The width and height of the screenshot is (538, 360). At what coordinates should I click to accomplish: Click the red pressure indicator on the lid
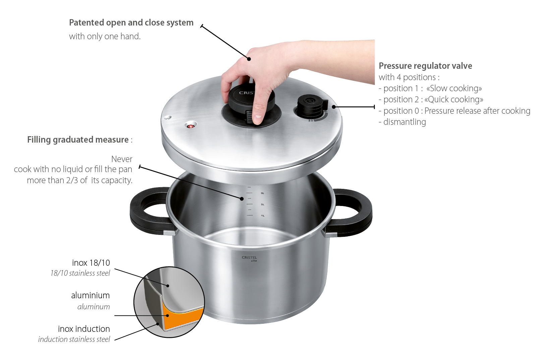click(x=191, y=126)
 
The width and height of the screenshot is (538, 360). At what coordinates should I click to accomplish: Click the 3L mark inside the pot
click(x=262, y=193)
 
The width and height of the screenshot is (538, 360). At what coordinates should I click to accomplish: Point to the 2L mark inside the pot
click(x=262, y=205)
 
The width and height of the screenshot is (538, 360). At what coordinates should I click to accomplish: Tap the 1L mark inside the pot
click(x=263, y=216)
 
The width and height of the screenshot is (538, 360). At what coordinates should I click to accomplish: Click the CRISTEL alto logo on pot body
click(x=249, y=259)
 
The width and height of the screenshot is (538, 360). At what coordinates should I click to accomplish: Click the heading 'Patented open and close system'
click(x=131, y=22)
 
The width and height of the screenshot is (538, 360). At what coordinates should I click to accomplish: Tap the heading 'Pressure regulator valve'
click(x=425, y=66)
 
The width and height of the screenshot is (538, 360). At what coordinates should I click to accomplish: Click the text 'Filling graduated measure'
click(x=78, y=140)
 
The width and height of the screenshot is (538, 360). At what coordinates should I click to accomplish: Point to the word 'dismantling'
click(x=405, y=122)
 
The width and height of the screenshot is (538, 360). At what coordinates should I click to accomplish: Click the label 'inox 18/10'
click(x=91, y=263)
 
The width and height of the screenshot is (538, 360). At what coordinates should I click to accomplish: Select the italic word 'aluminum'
click(x=94, y=307)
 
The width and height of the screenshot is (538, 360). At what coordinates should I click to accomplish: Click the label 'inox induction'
click(x=84, y=329)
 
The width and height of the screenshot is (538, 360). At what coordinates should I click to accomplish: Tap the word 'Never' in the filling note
click(x=122, y=159)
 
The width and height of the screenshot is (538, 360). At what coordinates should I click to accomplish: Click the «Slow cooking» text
click(x=454, y=89)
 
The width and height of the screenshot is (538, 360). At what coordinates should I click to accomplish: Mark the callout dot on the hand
click(x=249, y=59)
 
